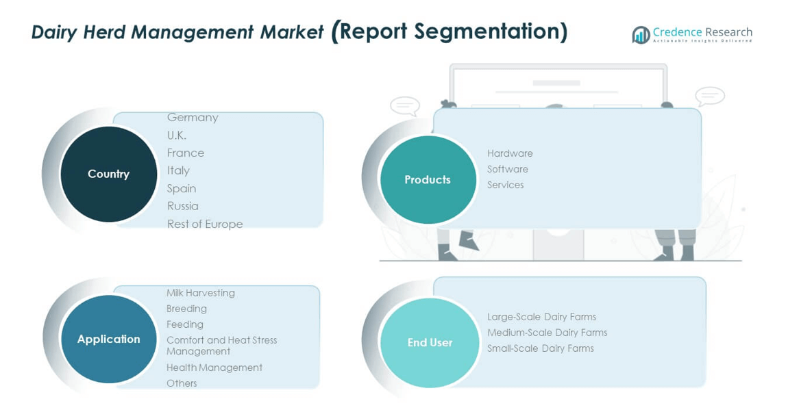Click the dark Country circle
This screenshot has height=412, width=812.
click(108, 174)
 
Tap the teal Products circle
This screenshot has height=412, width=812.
click(428, 179)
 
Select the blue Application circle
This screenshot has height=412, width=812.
click(108, 339)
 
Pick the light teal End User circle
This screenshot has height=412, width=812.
click(430, 342)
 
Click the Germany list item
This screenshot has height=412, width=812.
click(193, 118)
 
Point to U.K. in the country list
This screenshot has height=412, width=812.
click(177, 136)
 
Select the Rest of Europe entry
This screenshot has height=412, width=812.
click(205, 224)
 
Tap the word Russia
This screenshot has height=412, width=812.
click(183, 206)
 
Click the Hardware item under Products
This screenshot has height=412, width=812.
click(510, 153)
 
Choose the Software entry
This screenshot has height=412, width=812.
click(508, 169)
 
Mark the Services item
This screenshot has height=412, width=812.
click(506, 185)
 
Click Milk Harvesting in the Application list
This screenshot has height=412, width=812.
click(201, 293)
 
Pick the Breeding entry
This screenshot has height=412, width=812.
click(186, 309)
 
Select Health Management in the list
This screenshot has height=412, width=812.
click(214, 368)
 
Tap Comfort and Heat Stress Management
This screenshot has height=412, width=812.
click(221, 346)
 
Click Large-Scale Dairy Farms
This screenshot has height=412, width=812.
click(541, 317)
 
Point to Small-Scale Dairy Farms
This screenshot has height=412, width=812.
click(540, 348)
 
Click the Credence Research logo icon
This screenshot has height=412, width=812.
click(641, 35)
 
